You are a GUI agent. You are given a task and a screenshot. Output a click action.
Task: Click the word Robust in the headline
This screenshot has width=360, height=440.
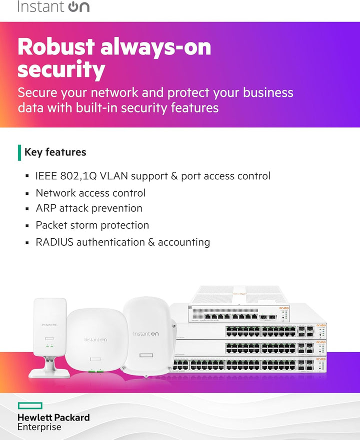coord(56,46)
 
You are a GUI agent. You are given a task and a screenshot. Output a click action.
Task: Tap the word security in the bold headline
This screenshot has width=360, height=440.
coord(61,69)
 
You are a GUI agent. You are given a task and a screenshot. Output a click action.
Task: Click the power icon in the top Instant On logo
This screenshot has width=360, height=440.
coord(73,6)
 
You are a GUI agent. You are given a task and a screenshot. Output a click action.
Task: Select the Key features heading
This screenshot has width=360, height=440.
coord(55,152)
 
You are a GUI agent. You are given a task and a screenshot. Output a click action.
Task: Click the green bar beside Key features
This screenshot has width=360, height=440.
coord(19,153)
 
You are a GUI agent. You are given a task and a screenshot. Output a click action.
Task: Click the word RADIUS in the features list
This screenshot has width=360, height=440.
coord(54,242)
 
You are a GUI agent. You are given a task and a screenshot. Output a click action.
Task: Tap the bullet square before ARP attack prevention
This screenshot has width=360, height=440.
coord(27,208)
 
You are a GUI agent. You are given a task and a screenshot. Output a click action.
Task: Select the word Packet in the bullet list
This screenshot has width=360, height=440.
coord(51,225)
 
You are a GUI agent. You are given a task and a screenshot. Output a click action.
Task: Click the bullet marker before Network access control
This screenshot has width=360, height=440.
coord(27,193)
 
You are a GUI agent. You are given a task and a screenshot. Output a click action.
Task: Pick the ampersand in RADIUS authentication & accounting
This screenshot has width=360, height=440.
coord(151,242)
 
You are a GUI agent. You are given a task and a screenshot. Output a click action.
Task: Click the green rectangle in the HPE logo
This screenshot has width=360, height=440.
coord(30,406)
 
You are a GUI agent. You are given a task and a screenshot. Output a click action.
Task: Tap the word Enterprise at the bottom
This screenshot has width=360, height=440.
coord(39,427)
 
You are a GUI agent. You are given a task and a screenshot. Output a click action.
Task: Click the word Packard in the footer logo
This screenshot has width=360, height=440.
coord(71,418)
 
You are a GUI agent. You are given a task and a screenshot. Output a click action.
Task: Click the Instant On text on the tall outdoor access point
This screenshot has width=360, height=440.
coord(146,334)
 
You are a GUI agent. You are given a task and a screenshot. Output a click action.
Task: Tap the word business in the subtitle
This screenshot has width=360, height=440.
coord(268,92)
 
